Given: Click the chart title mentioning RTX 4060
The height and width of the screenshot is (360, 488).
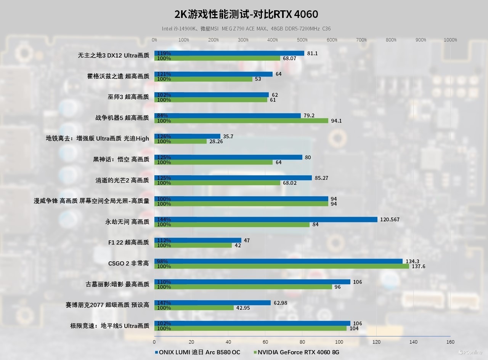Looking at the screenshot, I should point(246,14).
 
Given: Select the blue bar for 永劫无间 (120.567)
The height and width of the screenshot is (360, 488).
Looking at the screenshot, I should point(266,219).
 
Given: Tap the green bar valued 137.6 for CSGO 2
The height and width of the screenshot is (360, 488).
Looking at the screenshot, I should point(281,266).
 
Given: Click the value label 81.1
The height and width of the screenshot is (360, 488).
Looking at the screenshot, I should point(312,54).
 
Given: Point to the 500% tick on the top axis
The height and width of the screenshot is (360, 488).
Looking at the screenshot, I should point(302,40).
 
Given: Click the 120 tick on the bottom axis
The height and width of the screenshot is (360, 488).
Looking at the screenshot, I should point(377,342).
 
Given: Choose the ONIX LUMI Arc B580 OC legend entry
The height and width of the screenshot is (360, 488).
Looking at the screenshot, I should point(197,352).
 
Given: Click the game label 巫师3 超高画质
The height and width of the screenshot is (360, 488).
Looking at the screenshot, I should point(128,97).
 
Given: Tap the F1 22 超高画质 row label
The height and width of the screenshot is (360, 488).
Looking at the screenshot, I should point(128,242).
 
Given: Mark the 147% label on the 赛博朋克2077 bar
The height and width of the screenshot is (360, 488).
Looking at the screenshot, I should point(164,303).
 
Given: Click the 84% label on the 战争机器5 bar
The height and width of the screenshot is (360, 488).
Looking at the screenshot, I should point(162,115).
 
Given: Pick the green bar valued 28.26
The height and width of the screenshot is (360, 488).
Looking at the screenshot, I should point(180,141).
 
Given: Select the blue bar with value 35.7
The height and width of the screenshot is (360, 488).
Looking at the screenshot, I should point(187,136).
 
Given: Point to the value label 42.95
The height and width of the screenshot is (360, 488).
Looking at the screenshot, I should point(243,308).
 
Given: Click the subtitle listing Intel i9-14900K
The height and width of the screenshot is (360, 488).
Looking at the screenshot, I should point(246,29).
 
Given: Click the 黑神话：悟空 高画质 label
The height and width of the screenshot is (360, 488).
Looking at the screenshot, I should point(121,159).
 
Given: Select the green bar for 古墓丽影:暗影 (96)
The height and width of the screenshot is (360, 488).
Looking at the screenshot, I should point(243,287).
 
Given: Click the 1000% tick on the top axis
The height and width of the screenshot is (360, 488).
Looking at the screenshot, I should point(450,40).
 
